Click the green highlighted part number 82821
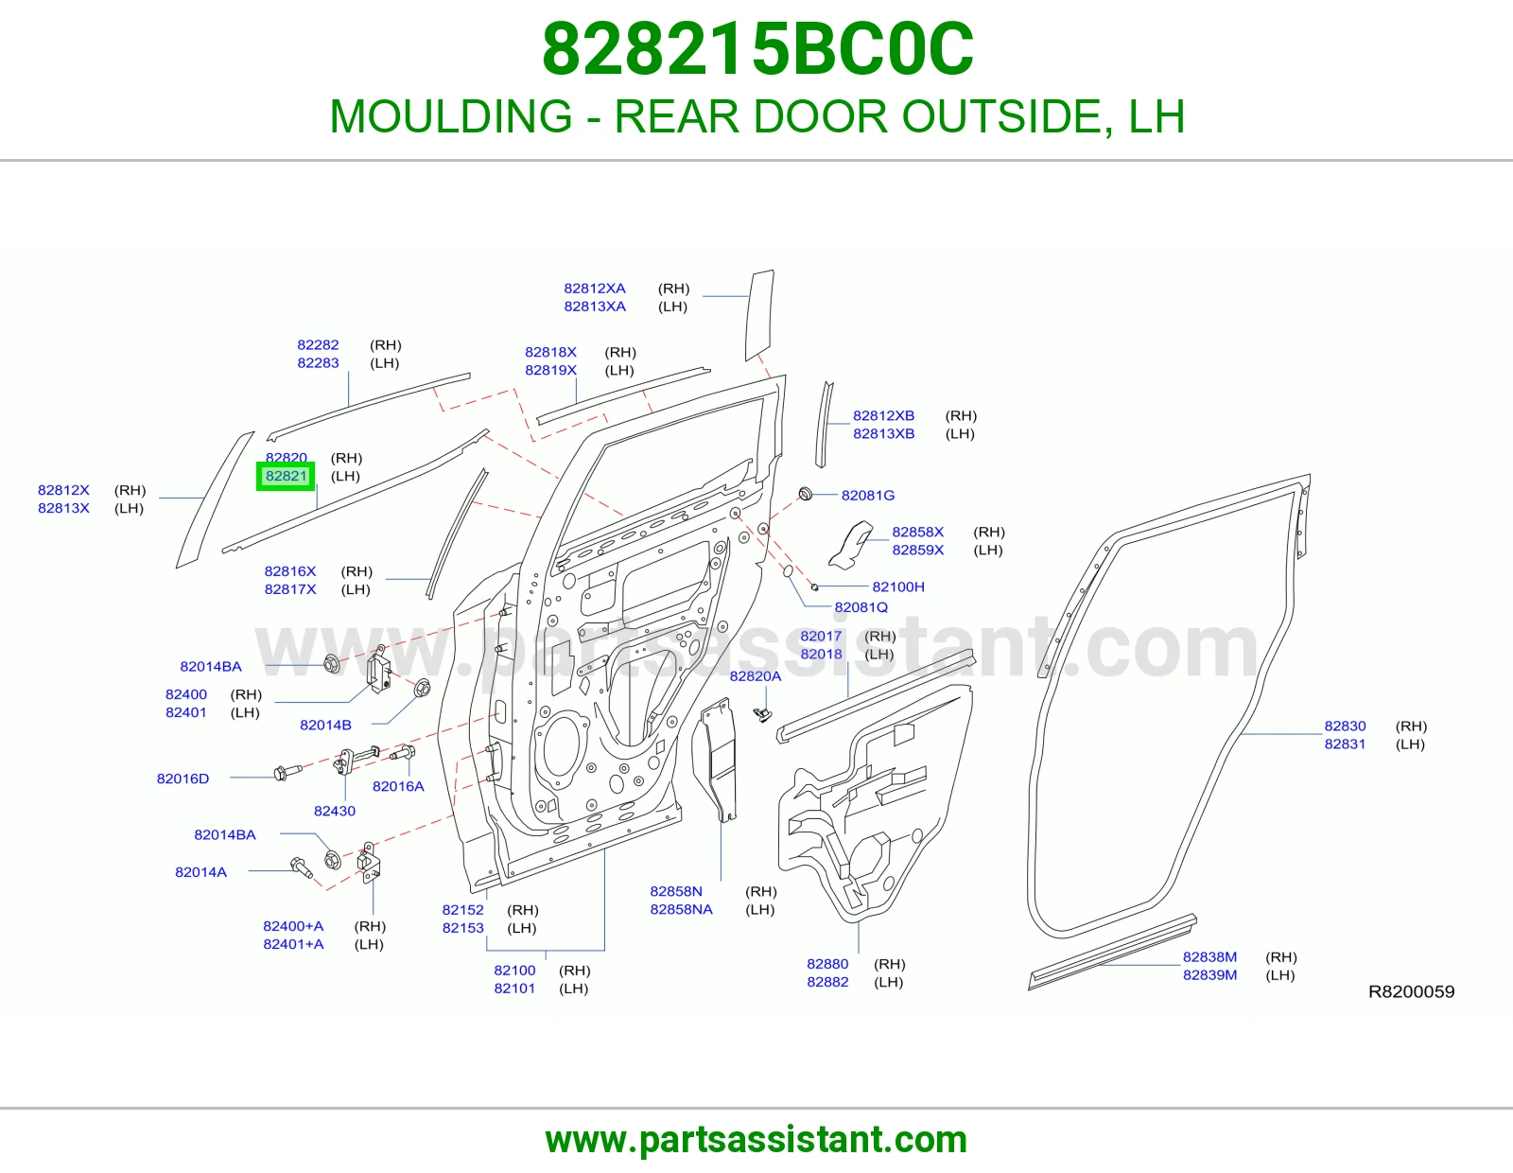[286, 476]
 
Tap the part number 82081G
[867, 496]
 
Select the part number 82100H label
[898, 586]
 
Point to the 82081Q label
[861, 606]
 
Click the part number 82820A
[756, 675]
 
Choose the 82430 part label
[334, 811]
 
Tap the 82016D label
[183, 778]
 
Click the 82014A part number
[200, 871]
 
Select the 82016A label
[398, 786]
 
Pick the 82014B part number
[325, 725]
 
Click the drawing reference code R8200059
[1411, 991]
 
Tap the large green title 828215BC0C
[757, 49]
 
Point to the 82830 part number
[1345, 726]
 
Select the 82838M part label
[1209, 956]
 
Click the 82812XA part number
[595, 288]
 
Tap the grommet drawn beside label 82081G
[805, 494]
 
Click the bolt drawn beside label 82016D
[287, 772]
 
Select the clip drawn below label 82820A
[762, 714]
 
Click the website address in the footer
[756, 1140]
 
